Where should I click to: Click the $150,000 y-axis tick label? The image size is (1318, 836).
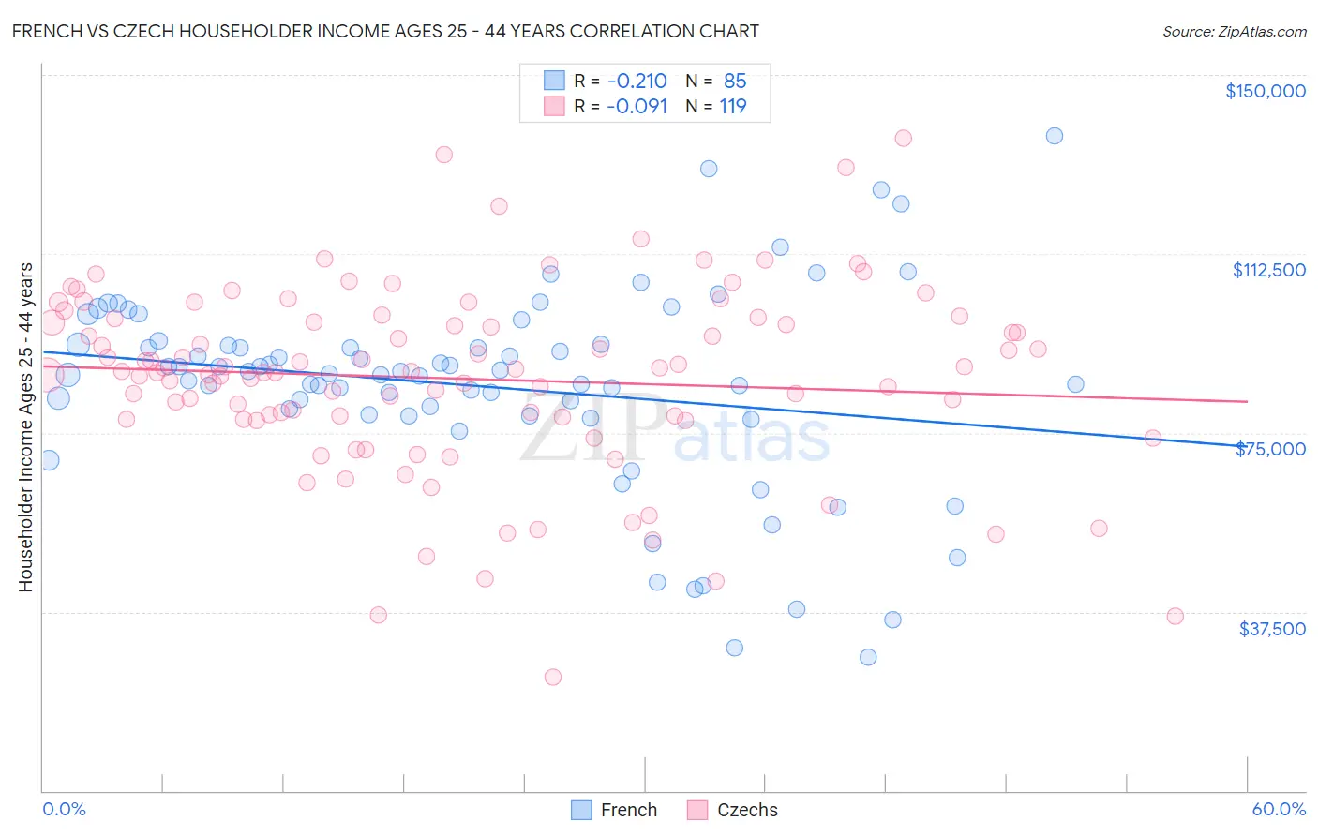tap(1265, 91)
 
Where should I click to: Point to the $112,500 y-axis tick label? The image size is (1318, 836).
tap(1268, 270)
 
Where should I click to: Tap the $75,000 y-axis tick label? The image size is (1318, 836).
tap(1270, 449)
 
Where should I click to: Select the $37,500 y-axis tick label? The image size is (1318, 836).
tap(1272, 629)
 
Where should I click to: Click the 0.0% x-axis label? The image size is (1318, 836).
tap(64, 809)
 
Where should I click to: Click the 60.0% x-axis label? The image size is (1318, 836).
tap(1279, 809)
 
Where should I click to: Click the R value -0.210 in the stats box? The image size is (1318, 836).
tap(637, 82)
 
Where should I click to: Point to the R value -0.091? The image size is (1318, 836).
tap(637, 107)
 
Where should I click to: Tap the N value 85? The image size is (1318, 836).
tap(735, 82)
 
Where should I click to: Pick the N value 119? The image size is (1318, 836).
tap(733, 107)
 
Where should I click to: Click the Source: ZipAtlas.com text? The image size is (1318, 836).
tap(1234, 31)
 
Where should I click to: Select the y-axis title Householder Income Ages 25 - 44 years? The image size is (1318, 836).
tap(25, 427)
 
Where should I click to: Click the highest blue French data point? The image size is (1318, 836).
tap(1055, 136)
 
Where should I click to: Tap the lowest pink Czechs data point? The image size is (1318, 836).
tap(553, 677)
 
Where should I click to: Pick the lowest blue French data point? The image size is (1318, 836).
tap(868, 657)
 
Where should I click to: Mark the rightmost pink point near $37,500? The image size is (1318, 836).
tap(1175, 616)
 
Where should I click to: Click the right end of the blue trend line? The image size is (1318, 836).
tap(1247, 446)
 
